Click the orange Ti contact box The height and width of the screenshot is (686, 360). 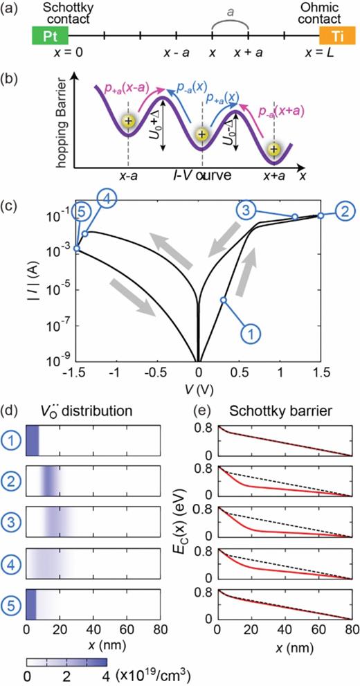[x=331, y=33]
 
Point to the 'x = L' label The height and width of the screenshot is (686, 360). [x=323, y=53]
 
